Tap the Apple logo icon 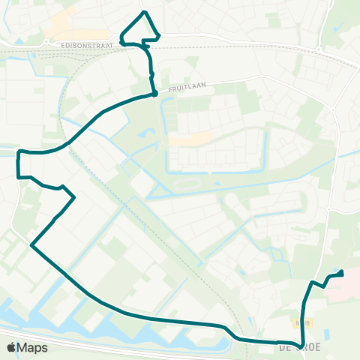tap(10, 347)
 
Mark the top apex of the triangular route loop tap(145, 12)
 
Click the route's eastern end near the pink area tap(342, 273)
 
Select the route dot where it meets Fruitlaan tap(154, 94)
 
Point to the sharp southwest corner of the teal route tap(31, 244)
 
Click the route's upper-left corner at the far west tap(18, 152)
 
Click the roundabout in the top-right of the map tap(319, 50)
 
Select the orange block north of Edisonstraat tap(60, 29)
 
